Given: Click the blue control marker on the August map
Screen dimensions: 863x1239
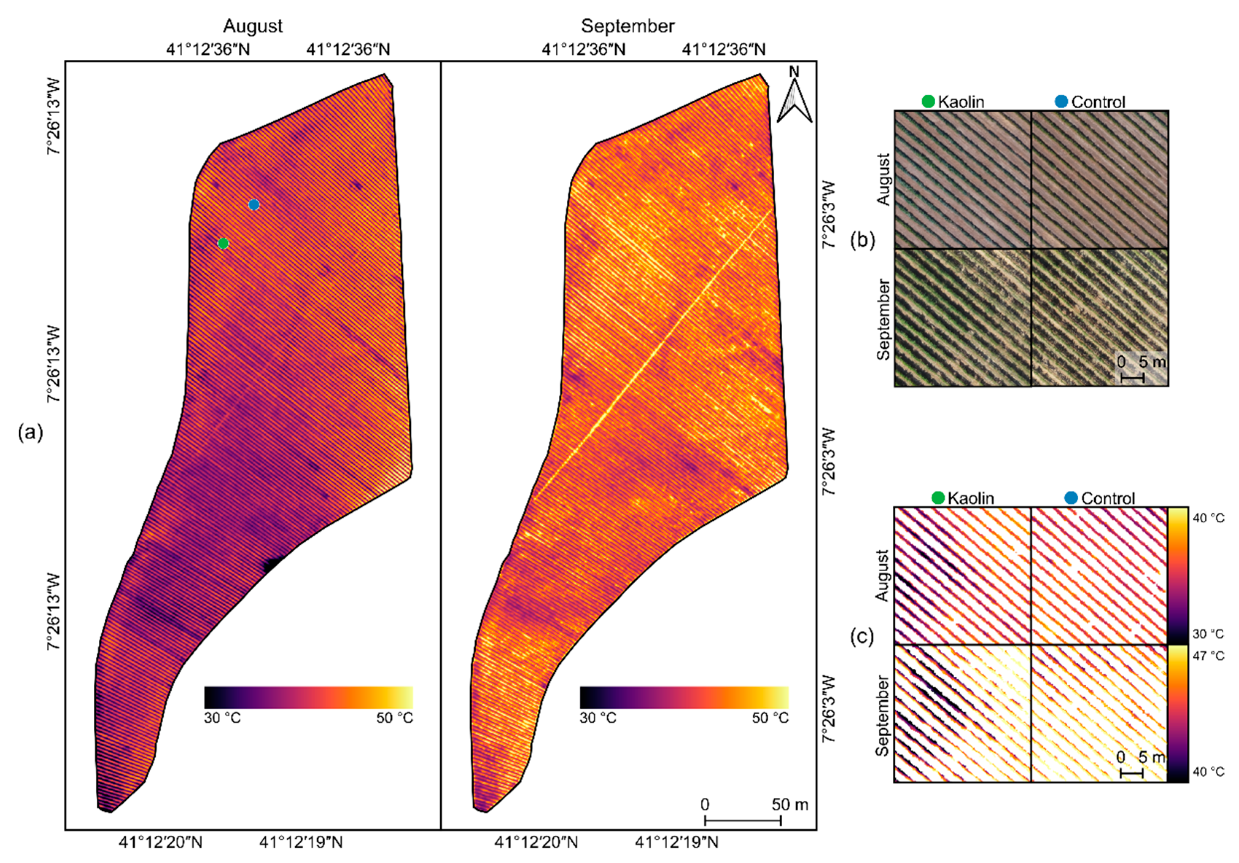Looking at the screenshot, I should [254, 205].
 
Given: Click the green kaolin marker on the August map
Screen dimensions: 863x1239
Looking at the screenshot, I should [223, 244].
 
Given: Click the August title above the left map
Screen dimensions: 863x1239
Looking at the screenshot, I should [253, 26].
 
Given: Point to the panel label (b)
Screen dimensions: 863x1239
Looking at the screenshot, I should [862, 240].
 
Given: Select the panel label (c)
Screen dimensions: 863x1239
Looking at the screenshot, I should [862, 637].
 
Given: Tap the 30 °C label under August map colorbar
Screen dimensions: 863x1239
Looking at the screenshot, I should [222, 718].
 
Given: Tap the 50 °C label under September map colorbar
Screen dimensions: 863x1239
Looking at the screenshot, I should [770, 718].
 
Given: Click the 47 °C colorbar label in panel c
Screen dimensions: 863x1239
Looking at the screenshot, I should [1208, 656].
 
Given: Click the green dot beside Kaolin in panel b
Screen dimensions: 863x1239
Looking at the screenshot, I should [928, 101].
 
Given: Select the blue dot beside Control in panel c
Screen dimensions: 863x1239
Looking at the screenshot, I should [1071, 498].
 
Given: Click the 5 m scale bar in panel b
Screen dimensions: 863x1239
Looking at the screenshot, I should [1132, 378].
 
